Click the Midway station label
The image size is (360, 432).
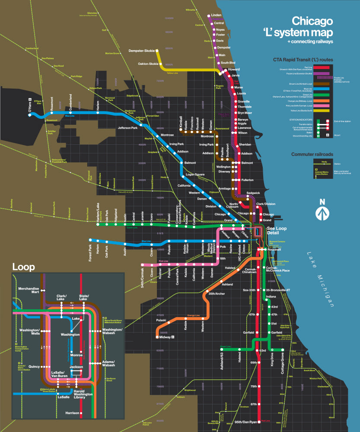coord(165,337)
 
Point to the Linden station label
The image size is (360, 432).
coord(216,15)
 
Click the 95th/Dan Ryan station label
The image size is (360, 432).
coord(245,422)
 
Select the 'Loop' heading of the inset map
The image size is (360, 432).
coord(23,267)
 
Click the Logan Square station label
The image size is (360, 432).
coord(195,175)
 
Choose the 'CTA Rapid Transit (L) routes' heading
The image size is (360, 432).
coord(302,60)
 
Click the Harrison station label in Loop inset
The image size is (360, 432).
coord(72,413)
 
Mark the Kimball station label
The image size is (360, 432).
coord(181,121)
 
